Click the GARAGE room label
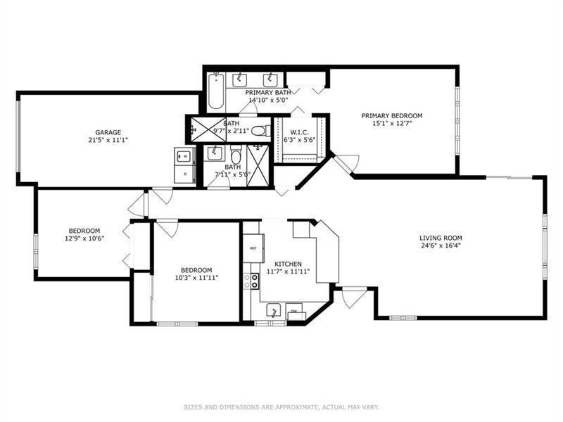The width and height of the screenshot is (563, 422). [108, 132]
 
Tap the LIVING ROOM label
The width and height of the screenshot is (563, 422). [441, 238]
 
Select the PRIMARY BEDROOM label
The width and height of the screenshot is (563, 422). [392, 115]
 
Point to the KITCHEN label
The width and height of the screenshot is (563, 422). [288, 264]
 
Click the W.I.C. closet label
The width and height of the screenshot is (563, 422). [300, 132]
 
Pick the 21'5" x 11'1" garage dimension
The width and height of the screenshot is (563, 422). [108, 140]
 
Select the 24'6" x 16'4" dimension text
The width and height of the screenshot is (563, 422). [441, 245]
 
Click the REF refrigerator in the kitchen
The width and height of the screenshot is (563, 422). [253, 248]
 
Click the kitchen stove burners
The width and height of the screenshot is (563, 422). [251, 281]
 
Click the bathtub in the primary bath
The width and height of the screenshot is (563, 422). [216, 91]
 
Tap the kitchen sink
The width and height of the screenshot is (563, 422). [274, 310]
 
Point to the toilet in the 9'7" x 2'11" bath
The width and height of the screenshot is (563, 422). [261, 131]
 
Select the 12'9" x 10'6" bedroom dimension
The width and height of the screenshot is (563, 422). [84, 238]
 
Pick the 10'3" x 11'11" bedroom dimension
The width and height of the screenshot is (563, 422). [196, 278]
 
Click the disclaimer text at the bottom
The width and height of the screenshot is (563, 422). [281, 407]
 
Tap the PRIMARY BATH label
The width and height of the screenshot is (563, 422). [268, 93]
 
